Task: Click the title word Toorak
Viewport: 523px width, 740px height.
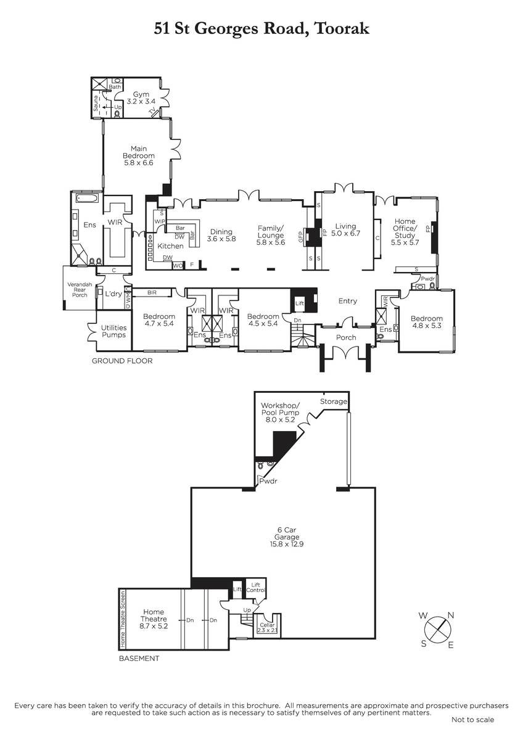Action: coord(342,28)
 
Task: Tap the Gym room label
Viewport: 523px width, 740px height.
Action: coord(141,94)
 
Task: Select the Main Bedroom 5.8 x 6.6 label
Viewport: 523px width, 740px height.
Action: coord(139,155)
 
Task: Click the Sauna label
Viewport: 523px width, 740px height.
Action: coord(96,103)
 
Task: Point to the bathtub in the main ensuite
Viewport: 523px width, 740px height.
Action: coord(87,199)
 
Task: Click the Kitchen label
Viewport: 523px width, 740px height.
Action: coord(170,246)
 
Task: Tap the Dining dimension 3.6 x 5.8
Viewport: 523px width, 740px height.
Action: coord(221,239)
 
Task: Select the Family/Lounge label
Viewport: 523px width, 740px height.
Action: coord(271,232)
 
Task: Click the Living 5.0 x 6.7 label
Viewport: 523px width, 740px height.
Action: coord(345,229)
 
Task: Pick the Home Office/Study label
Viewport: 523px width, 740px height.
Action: coord(405,228)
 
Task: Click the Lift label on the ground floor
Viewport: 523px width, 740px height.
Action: coord(300,303)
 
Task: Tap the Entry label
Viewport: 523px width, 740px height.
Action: coord(348,301)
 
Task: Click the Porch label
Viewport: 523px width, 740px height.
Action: coord(346,337)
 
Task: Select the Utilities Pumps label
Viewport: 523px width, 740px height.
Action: coord(113,331)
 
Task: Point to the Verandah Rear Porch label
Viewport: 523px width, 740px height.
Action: coord(80,290)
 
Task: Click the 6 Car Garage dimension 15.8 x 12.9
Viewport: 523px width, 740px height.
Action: coord(287,543)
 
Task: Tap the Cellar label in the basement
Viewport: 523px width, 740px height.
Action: coord(267,625)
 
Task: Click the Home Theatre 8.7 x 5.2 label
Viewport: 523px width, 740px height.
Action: coord(154,619)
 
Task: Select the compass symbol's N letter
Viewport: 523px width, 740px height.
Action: coord(451,615)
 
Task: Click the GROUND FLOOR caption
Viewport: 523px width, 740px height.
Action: coord(122,361)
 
